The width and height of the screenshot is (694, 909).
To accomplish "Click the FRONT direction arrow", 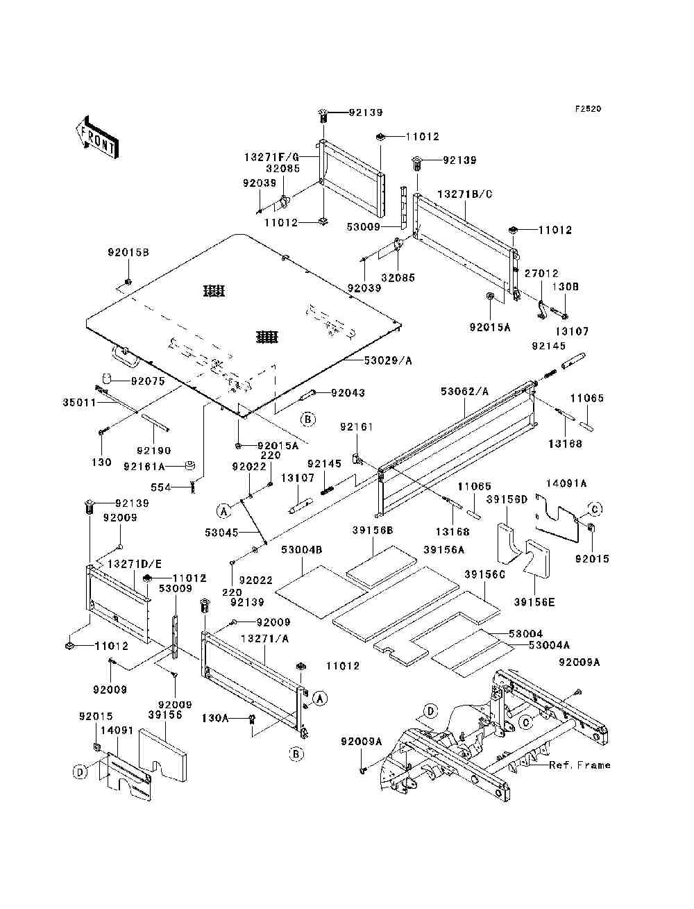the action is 98,137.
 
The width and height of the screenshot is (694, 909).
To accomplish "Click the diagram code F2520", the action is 588,109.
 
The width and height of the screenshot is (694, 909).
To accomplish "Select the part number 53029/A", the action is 388,360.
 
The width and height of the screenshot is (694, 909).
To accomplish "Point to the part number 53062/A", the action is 464,392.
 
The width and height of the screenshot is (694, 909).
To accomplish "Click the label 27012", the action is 542,274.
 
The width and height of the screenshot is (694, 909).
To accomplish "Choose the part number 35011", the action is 79,402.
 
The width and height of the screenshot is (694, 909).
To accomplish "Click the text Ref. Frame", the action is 579,765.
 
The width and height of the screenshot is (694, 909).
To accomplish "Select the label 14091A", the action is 566,483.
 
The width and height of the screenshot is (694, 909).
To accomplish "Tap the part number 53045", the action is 222,532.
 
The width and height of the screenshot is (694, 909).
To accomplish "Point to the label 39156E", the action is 534,602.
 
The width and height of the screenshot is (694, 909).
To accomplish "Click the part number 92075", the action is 148,381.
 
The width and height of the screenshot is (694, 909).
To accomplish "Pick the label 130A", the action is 216,718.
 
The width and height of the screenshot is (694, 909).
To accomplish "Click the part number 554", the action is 161,487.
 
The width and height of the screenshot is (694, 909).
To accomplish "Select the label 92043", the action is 348,392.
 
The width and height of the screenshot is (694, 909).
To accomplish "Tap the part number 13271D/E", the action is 135,564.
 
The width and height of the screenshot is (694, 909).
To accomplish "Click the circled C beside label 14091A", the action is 595,508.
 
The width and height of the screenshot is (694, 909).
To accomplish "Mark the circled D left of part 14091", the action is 80,772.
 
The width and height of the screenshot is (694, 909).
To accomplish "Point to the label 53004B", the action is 302,550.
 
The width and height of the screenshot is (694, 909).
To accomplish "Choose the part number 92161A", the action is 144,467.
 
